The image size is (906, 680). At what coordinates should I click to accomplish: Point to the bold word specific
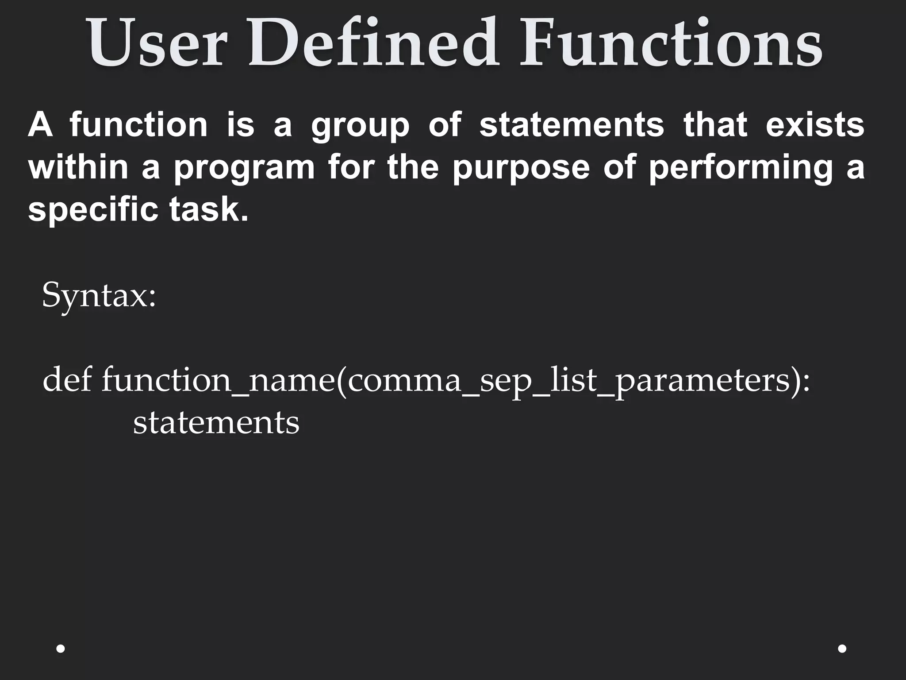click(93, 210)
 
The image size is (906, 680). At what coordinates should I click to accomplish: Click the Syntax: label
click(99, 296)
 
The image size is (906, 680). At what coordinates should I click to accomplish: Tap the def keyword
click(67, 379)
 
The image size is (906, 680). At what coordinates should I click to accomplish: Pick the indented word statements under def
click(216, 423)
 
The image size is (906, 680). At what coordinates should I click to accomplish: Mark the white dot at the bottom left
click(61, 649)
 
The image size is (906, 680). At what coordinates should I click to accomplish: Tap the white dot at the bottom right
click(842, 649)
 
